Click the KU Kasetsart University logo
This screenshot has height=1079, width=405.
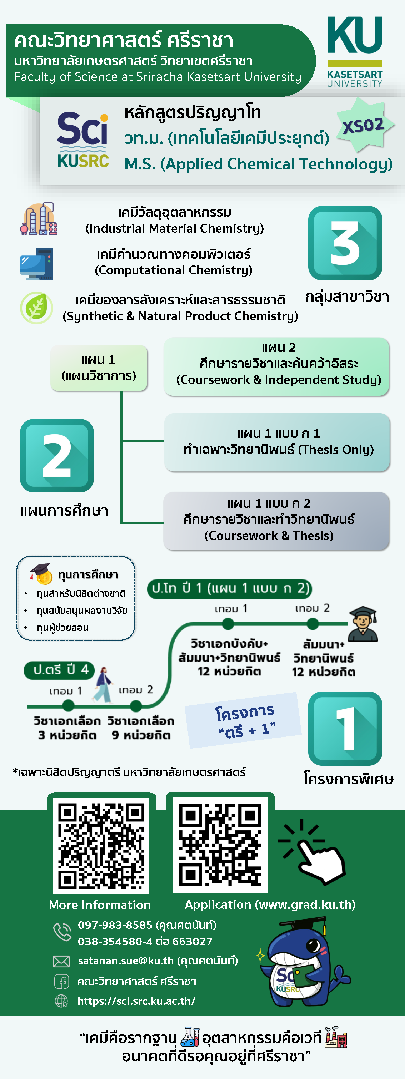click(355, 51)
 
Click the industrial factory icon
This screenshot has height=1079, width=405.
click(39, 219)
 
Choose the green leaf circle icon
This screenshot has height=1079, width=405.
click(36, 308)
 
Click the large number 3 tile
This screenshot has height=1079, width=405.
click(345, 243)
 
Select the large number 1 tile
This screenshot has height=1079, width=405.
click(345, 728)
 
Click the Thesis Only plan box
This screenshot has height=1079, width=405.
click(277, 442)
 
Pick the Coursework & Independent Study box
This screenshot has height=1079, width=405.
click(277, 366)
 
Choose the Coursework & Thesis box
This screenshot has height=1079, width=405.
click(277, 521)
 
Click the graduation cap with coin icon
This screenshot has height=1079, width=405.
click(41, 574)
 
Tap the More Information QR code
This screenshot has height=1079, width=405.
click(101, 845)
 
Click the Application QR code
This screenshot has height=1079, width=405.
click(220, 845)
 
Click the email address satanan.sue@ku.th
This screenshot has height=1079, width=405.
click(126, 961)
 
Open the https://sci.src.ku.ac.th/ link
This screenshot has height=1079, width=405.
click(136, 1001)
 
